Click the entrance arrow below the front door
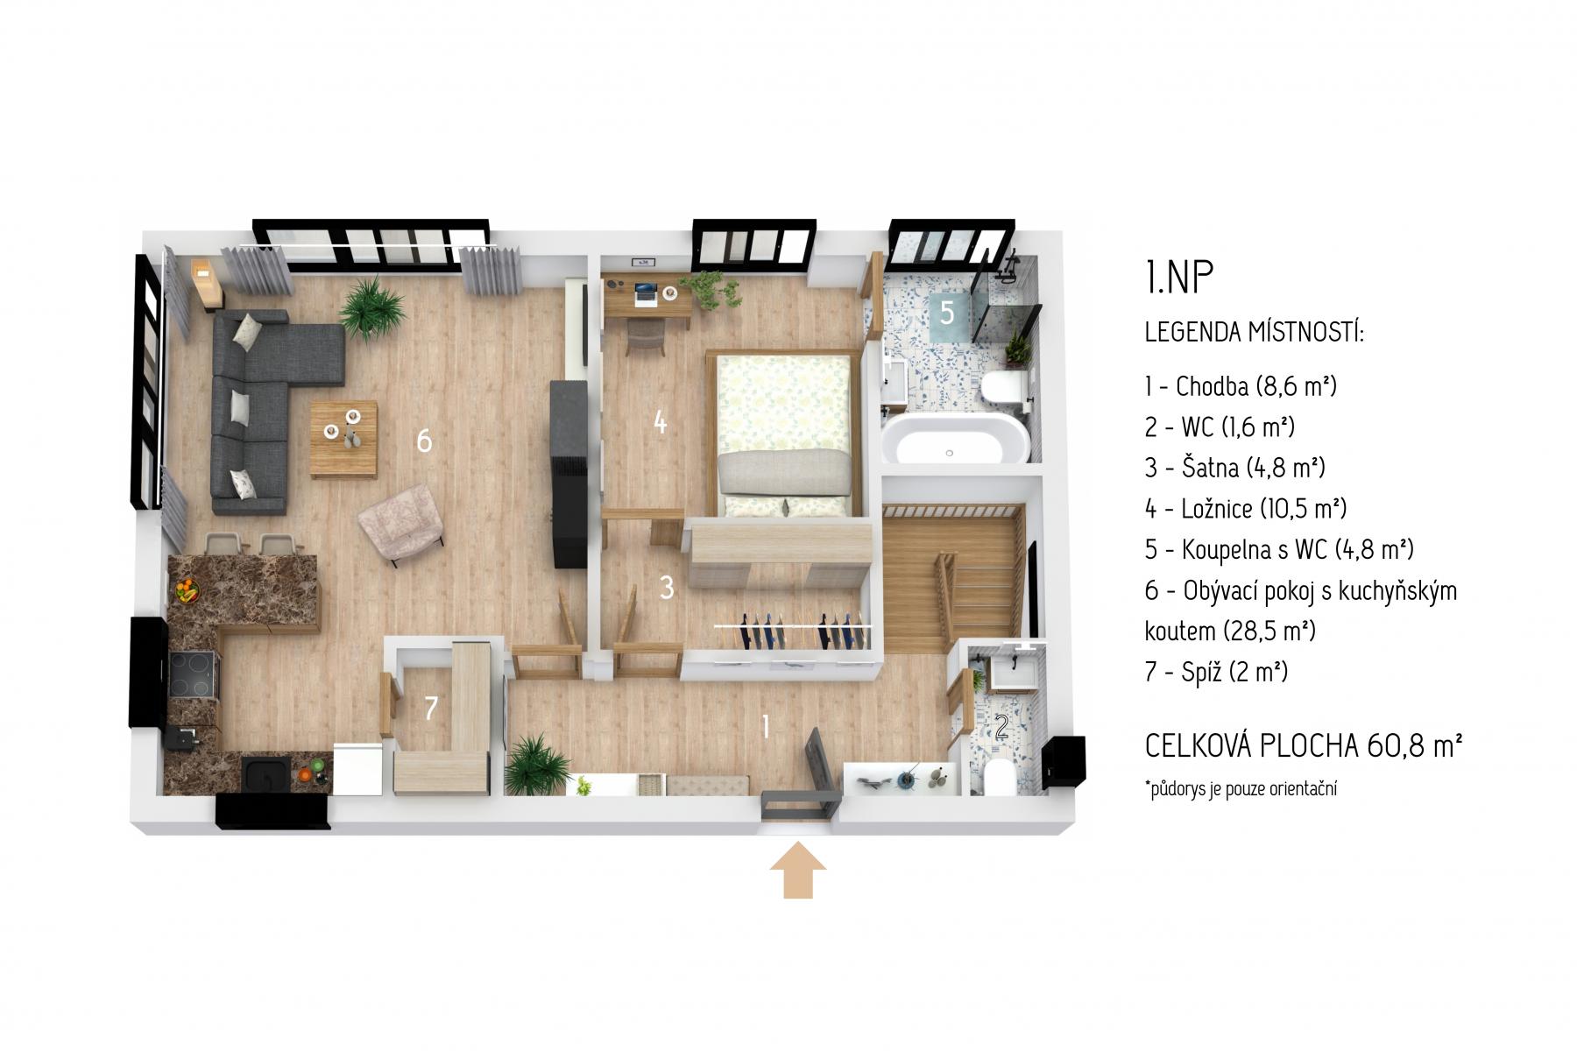click(x=797, y=870)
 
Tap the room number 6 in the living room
click(x=424, y=441)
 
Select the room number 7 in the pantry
click(x=430, y=709)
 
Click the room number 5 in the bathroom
click(x=947, y=313)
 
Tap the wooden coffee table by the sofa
click(x=345, y=439)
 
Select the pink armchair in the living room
click(x=401, y=525)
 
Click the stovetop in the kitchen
click(x=192, y=675)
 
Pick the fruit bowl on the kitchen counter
click(x=187, y=589)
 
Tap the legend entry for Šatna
click(x=1234, y=467)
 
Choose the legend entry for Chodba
click(x=1241, y=385)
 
